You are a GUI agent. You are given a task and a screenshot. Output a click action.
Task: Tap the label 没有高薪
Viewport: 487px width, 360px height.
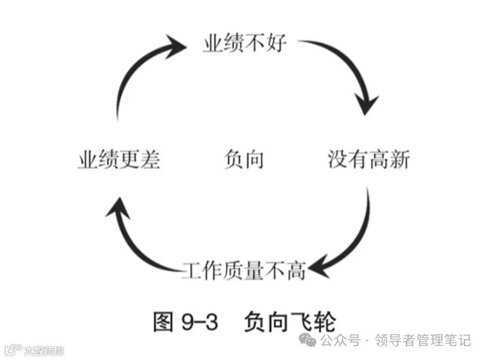coord(369,159)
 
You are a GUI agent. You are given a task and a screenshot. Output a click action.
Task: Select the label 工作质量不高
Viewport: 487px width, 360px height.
coord(244,270)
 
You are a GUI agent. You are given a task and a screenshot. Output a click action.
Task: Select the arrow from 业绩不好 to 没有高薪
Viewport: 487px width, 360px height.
coord(348,70)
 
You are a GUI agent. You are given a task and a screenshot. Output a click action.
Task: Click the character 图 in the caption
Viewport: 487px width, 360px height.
coord(163,322)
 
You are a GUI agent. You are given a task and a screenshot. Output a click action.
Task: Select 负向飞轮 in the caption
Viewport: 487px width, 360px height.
coord(290,322)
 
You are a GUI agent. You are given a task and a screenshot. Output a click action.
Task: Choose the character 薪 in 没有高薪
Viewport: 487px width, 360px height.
coord(400,159)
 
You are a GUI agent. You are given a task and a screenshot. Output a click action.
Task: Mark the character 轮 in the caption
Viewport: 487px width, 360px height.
coord(325,322)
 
